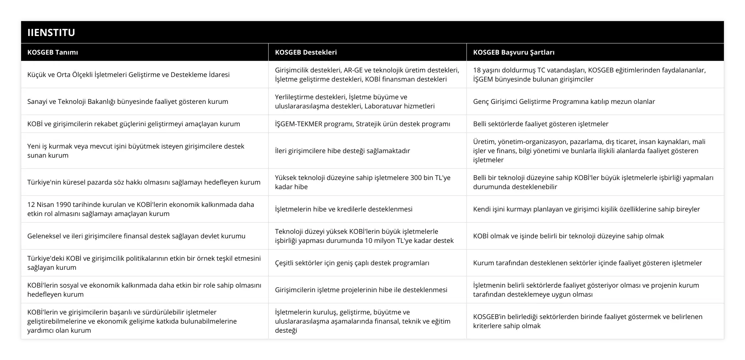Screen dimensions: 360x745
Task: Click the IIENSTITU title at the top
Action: pyautogui.click(x=51, y=32)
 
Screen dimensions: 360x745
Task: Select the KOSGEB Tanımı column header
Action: pyautogui.click(x=53, y=52)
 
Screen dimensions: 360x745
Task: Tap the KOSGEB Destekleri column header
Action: pyautogui.click(x=306, y=52)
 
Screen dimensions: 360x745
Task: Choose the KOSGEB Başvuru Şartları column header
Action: pyautogui.click(x=514, y=52)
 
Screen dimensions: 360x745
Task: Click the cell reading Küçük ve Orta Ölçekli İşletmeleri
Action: pyautogui.click(x=128, y=74)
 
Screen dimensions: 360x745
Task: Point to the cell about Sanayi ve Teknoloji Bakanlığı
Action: pyautogui.click(x=127, y=101)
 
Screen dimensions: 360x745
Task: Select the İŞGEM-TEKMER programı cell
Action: pyautogui.click(x=363, y=124)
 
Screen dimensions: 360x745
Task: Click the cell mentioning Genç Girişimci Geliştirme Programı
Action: pyautogui.click(x=564, y=101)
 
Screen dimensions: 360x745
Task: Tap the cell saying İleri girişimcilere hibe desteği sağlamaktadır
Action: pyautogui.click(x=342, y=151)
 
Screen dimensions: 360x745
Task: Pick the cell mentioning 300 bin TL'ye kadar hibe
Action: pyautogui.click(x=363, y=182)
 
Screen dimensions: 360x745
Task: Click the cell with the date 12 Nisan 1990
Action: pyautogui.click(x=141, y=209)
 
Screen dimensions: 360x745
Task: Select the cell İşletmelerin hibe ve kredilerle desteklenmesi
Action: pyautogui.click(x=344, y=209)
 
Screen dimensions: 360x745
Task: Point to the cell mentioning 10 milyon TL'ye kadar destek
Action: pyautogui.click(x=364, y=236)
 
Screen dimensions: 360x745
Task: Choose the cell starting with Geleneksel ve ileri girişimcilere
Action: pyautogui.click(x=136, y=236)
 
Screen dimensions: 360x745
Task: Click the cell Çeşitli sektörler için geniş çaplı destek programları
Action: pyautogui.click(x=352, y=263)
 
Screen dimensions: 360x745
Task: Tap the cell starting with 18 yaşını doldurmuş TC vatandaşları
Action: pyautogui.click(x=589, y=74)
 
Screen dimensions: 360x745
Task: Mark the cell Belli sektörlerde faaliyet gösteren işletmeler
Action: pyautogui.click(x=541, y=124)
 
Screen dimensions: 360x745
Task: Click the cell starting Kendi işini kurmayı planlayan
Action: pyautogui.click(x=586, y=209)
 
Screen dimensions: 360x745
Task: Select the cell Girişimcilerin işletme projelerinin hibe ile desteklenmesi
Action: pyautogui.click(x=361, y=290)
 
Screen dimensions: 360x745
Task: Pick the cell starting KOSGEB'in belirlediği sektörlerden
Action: pyautogui.click(x=588, y=321)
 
